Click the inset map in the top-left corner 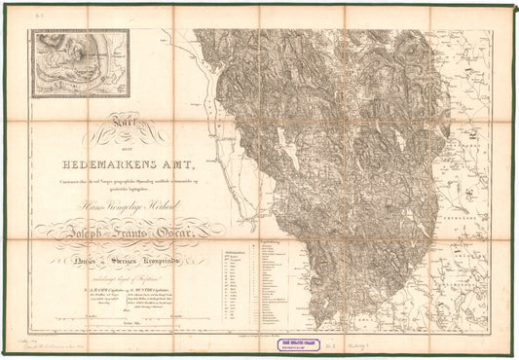(x=79, y=63)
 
